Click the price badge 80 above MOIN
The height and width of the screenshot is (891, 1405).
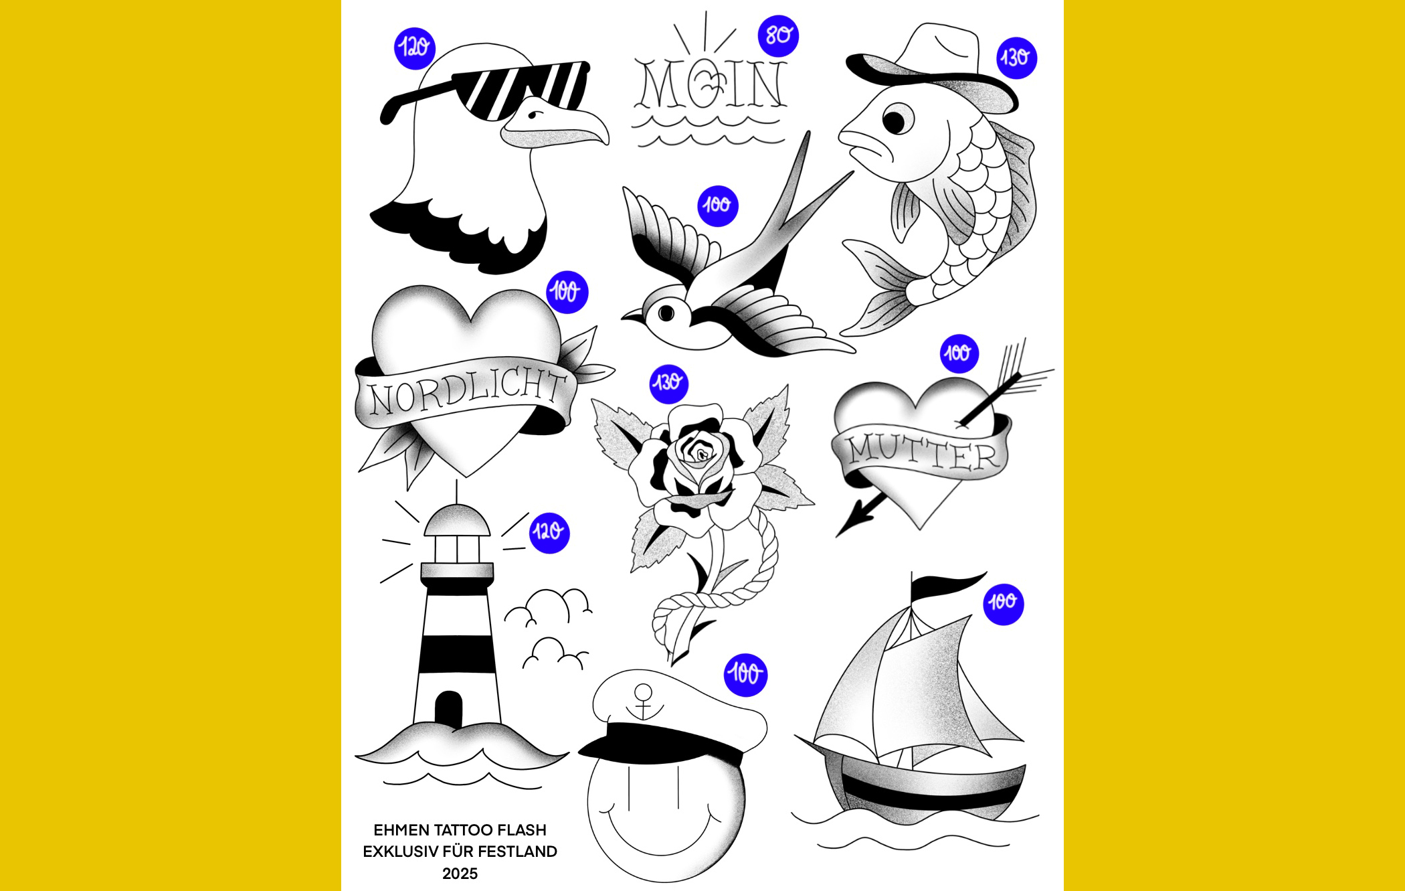tap(778, 35)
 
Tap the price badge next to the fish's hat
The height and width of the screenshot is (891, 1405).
tap(1016, 58)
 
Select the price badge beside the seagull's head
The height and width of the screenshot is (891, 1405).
tap(415, 48)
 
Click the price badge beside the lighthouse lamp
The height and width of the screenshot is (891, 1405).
tap(549, 533)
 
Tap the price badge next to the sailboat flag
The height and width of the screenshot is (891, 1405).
tap(1003, 604)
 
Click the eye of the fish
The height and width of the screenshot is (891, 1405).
tap(895, 121)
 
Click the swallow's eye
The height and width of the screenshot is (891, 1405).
tap(666, 313)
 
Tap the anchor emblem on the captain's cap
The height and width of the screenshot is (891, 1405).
tap(644, 701)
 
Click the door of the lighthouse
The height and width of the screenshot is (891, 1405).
tap(448, 708)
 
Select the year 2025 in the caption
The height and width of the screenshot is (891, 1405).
tap(460, 874)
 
